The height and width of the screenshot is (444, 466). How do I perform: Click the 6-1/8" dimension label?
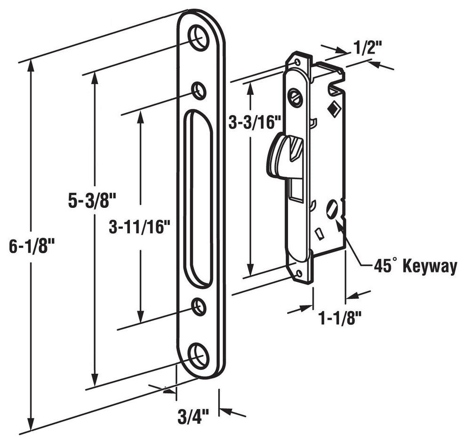coord(32,247)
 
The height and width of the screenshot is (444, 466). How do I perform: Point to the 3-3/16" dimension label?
coord(255,123)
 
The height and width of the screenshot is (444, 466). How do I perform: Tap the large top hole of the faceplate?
coord(199,37)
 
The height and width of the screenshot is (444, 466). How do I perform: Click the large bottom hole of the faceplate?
coord(199,355)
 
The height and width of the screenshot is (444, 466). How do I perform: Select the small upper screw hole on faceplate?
coord(199,90)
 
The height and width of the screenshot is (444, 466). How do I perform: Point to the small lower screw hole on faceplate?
coord(199,307)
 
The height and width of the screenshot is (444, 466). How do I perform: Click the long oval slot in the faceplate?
coord(198,198)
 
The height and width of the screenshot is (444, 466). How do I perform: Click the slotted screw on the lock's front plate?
coord(296,97)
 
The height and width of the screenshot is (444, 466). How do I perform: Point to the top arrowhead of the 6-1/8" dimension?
coord(31,66)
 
